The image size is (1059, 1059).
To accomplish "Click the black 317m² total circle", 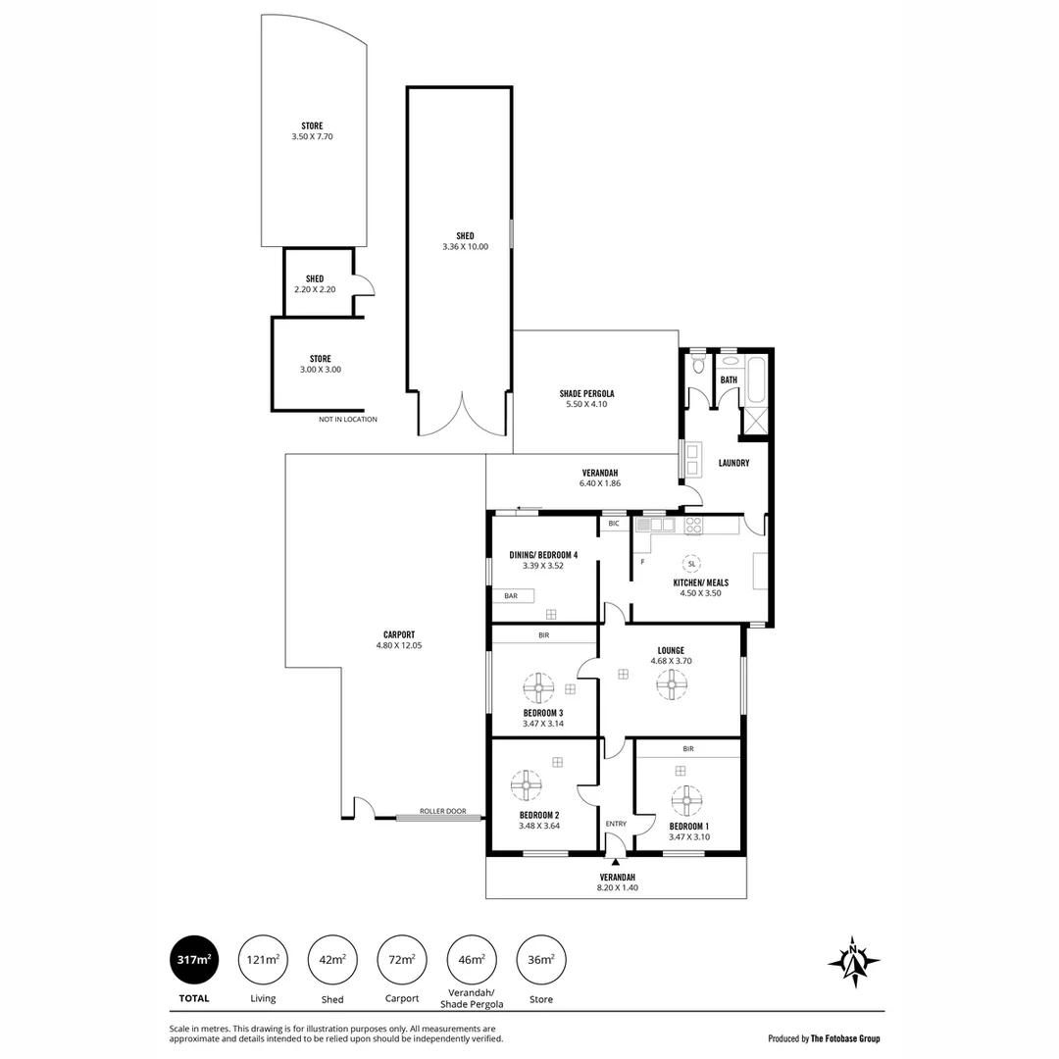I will pos(194,960).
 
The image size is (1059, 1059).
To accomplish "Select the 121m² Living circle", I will pos(263,960).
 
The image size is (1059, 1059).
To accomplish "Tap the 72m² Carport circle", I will pos(402,960).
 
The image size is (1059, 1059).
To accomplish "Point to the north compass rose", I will pos(853,961).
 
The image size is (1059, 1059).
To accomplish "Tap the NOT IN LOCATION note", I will pos(347,419).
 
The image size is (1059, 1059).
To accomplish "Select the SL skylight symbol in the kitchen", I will pos(691,564).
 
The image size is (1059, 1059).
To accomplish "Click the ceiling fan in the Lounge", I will pos(672,684).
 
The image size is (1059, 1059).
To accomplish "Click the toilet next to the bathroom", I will pos(698,366).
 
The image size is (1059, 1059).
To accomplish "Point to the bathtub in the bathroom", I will pos(757,381).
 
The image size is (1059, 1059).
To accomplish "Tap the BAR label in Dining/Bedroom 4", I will pos(511,595).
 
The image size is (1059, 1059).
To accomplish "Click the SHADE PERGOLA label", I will pos(586,393).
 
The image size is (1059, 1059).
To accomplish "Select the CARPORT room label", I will pos(399,634).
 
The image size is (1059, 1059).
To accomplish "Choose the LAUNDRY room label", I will pos(733,463).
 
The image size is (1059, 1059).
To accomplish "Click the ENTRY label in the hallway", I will pos(616,824).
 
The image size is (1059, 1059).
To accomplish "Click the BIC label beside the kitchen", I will pos(614,524).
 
